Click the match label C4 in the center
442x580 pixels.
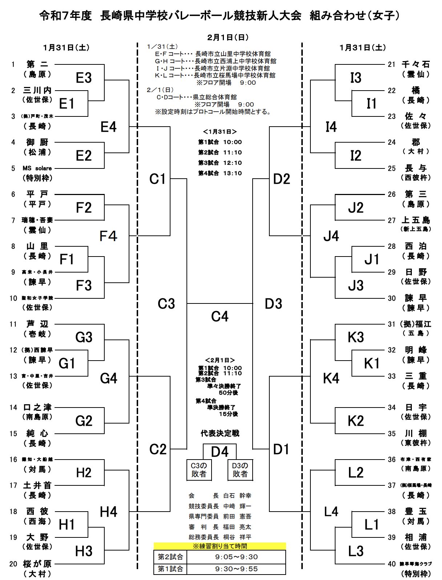pyautogui.click(x=220, y=317)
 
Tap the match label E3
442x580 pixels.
pyautogui.click(x=84, y=78)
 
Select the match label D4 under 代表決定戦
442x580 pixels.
pyautogui.click(x=220, y=452)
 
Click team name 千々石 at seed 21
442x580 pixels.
pyautogui.click(x=416, y=64)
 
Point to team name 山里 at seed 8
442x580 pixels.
pyautogui.click(x=37, y=246)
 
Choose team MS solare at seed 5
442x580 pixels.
pyautogui.click(x=37, y=168)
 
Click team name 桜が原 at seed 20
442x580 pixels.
pyautogui.click(x=37, y=564)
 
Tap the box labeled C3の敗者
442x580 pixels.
pyautogui.click(x=199, y=470)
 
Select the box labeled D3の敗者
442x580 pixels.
pyautogui.click(x=240, y=470)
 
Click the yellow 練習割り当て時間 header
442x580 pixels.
pyautogui.click(x=220, y=546)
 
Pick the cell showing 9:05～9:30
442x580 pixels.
pyautogui.click(x=236, y=557)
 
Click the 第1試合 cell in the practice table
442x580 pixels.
pyautogui.click(x=170, y=569)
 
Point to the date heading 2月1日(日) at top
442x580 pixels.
pyautogui.click(x=228, y=37)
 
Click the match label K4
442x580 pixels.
pyautogui.click(x=331, y=378)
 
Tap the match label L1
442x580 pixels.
pyautogui.click(x=371, y=525)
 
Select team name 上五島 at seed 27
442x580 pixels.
pyautogui.click(x=416, y=220)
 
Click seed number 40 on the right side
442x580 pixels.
pyautogui.click(x=391, y=564)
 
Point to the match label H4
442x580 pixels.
pyautogui.click(x=108, y=512)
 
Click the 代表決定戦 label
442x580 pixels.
pyautogui.click(x=220, y=433)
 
